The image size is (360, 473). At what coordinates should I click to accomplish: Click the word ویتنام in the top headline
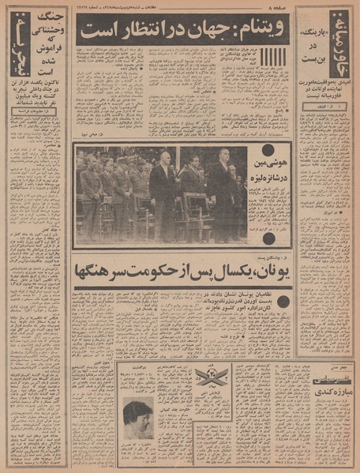coord(256,32)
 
